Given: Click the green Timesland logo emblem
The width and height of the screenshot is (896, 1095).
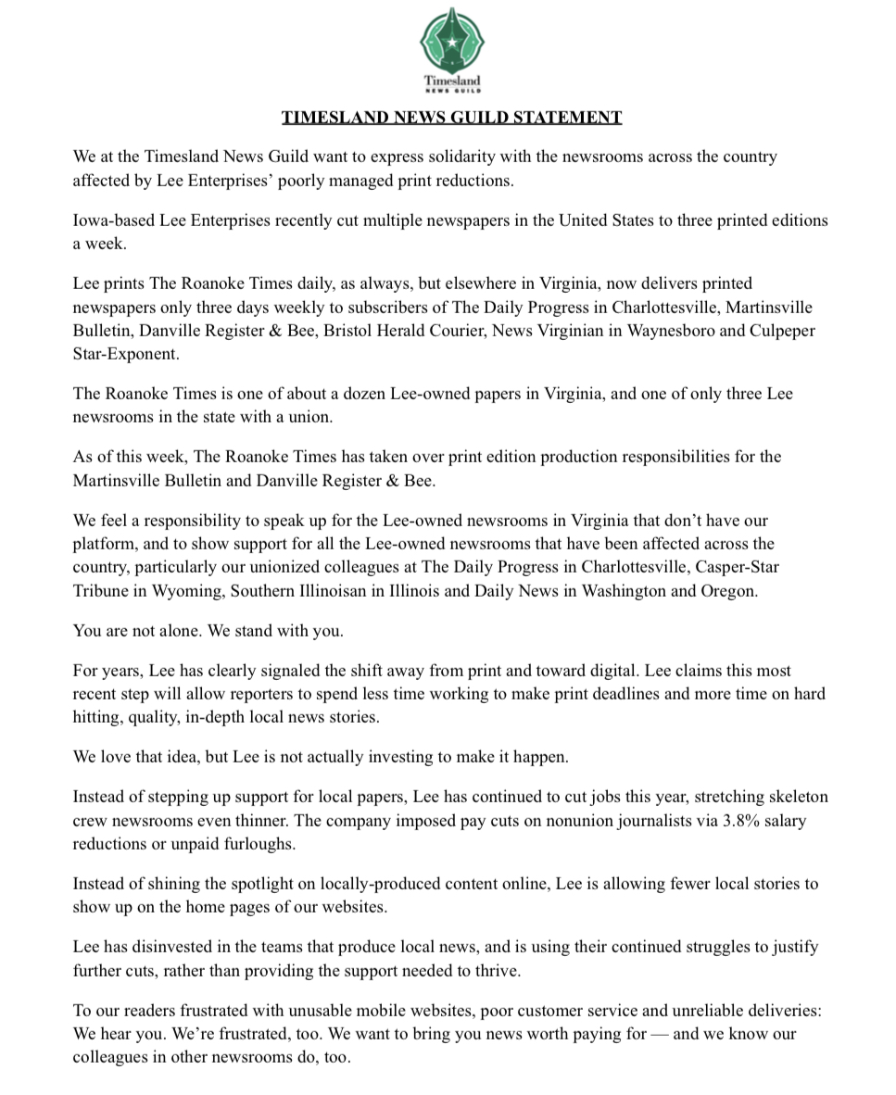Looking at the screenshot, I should [x=451, y=42].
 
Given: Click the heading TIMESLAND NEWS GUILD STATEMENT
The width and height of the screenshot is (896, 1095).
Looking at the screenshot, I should [x=451, y=118].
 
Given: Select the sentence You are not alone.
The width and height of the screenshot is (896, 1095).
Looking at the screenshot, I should [x=144, y=631].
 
